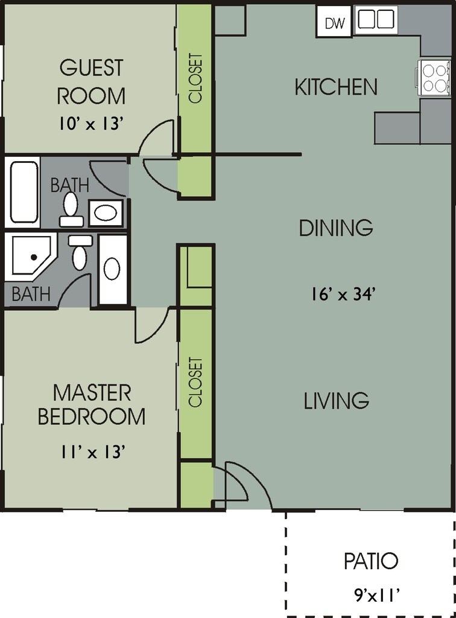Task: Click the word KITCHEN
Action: coord(336,87)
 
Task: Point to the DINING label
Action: coord(336,228)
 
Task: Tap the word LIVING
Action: coord(337,400)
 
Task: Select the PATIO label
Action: coord(370,561)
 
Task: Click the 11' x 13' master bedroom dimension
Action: coord(93,452)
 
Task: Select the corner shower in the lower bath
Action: coord(31,255)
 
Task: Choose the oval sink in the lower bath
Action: coord(112,269)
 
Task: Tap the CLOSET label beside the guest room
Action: coord(195,78)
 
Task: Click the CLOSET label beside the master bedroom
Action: coord(195,381)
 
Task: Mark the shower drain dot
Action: coord(34,257)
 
